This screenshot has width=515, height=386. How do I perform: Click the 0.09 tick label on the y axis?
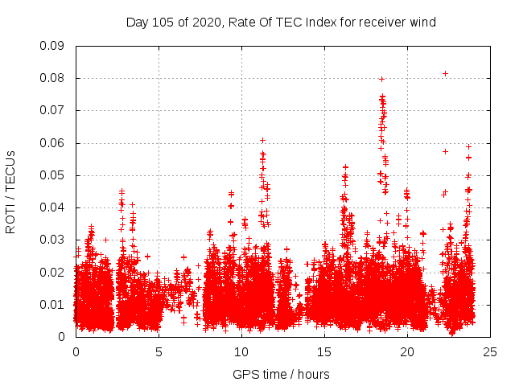(52, 46)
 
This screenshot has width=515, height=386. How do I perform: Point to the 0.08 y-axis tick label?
(52, 78)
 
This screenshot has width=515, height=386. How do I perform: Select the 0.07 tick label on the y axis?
(52, 110)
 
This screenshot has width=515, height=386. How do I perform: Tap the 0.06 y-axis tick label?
(52, 143)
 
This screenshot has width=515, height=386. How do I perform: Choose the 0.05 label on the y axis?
(52, 175)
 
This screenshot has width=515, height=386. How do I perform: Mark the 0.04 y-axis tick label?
(52, 207)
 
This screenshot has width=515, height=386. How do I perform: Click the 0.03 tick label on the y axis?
(52, 240)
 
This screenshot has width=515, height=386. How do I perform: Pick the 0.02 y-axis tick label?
(52, 272)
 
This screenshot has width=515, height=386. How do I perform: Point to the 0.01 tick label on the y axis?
(52, 304)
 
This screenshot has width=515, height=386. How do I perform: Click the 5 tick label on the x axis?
(159, 351)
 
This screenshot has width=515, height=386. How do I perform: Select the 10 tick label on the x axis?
(241, 351)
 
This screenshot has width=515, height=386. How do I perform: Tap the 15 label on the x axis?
(324, 351)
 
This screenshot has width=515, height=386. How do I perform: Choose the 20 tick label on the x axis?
(407, 351)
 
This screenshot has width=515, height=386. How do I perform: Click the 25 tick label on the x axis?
(490, 351)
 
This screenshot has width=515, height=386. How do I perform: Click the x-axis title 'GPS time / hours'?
(281, 374)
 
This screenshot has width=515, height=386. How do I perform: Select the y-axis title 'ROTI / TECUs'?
(10, 191)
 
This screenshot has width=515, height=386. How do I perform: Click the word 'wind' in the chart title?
(422, 23)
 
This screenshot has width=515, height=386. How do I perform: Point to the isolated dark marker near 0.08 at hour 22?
(445, 73)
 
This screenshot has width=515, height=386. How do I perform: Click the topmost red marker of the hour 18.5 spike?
(381, 79)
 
